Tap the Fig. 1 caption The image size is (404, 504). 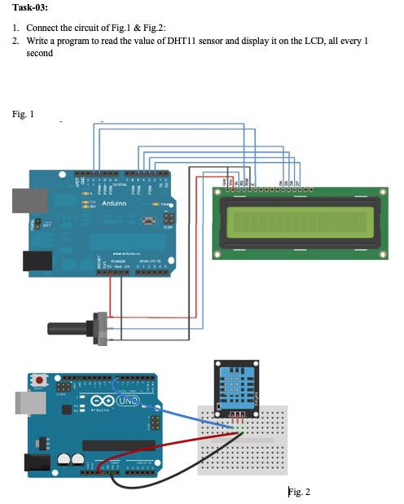click(24, 115)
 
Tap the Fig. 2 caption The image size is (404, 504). click(299, 492)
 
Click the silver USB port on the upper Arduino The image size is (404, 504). click(23, 198)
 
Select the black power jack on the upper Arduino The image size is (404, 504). click(35, 260)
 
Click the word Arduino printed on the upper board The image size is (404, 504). click(113, 202)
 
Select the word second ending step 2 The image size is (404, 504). click(39, 53)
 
